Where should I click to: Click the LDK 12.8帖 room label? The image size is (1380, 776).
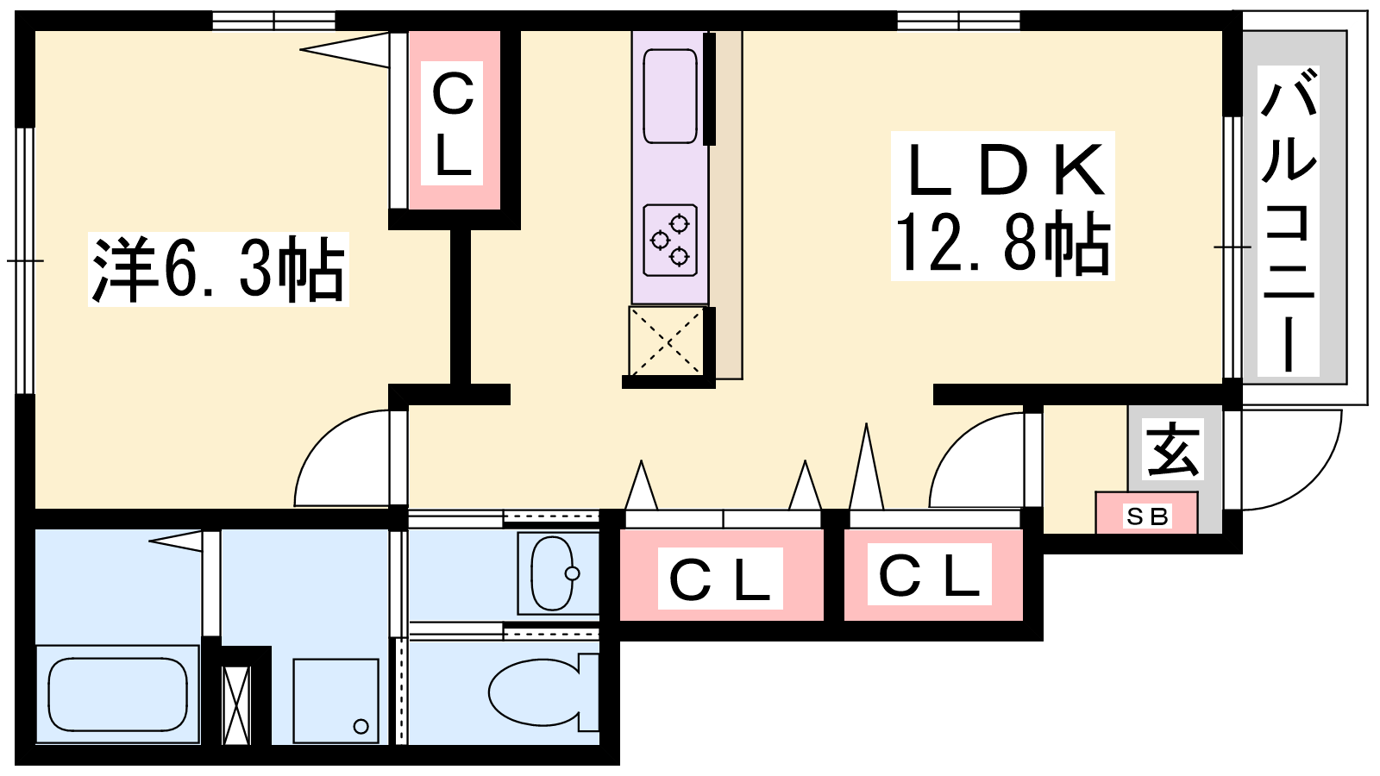pos(1002,206)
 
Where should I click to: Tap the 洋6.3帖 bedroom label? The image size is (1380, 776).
pos(219,269)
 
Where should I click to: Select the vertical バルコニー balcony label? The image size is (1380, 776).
pos(1289,222)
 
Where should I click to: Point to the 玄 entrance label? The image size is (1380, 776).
pos(1172,449)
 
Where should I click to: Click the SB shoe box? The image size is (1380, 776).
pos(1146,513)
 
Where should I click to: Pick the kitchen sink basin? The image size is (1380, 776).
pos(669,96)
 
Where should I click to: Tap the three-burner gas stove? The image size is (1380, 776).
pos(670,241)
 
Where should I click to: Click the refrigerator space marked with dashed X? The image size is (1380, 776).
pos(666,341)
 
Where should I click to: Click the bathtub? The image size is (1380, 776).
pos(117,694)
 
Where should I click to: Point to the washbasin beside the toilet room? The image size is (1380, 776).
pos(558,573)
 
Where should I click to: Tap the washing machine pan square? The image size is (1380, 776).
pos(336,701)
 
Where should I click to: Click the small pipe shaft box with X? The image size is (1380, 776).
pos(236,705)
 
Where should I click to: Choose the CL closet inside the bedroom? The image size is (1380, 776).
pos(455,120)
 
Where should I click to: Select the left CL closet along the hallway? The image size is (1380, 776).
pos(721,574)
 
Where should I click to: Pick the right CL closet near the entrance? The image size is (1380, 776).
pos(932,574)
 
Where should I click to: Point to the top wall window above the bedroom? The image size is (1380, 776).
pos(273,21)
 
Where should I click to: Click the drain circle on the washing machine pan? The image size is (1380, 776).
pos(361,726)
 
